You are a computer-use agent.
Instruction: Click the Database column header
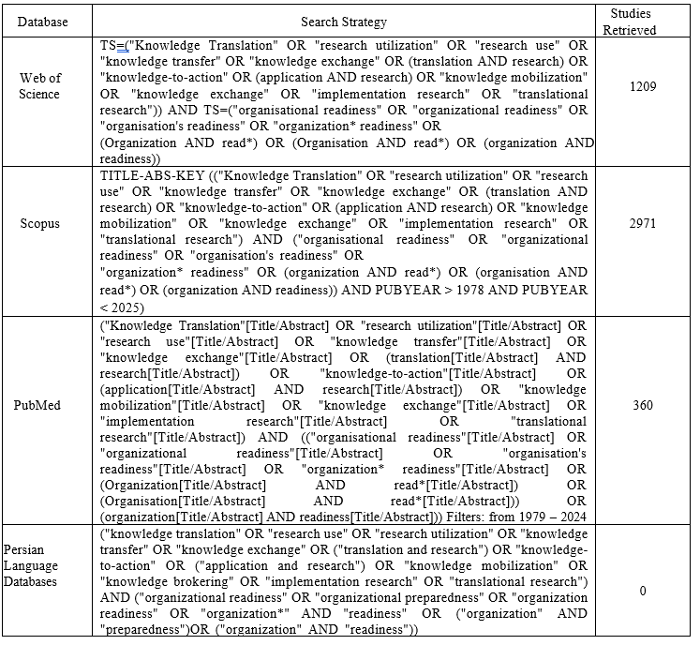pyautogui.click(x=46, y=22)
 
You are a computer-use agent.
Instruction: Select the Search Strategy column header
pyautogui.click(x=344, y=22)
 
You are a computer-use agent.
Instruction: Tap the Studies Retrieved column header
pyautogui.click(x=633, y=22)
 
